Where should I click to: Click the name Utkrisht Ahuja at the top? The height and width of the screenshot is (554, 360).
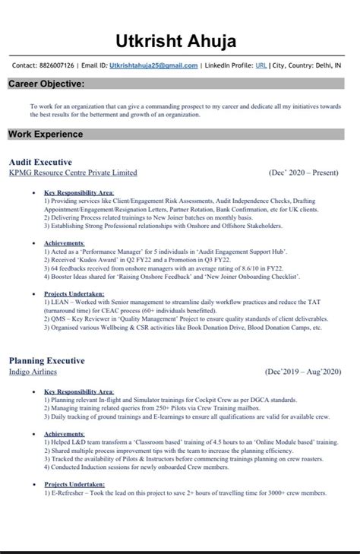[x=180, y=40]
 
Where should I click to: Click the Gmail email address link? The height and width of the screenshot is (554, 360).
[x=153, y=66]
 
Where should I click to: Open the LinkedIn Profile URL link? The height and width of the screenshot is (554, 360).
[x=261, y=66]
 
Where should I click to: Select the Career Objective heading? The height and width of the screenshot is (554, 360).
[x=46, y=84]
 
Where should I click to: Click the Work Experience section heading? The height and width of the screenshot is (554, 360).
[x=46, y=135]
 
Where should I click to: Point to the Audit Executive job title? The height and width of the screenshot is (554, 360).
[x=40, y=162]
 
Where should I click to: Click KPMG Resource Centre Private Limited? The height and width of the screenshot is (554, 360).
[x=73, y=173]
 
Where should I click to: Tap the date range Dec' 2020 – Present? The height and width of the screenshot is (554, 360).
[x=304, y=173]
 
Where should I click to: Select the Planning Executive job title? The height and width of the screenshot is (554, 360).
[x=47, y=360]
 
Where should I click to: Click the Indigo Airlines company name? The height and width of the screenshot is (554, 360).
[x=33, y=372]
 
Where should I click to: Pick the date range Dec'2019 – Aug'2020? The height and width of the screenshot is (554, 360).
[x=303, y=372]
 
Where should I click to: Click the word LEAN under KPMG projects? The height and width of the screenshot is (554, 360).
[x=60, y=302]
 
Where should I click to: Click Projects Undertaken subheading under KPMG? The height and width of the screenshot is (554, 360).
[x=74, y=293]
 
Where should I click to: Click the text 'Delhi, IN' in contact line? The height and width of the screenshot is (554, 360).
[x=327, y=66]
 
